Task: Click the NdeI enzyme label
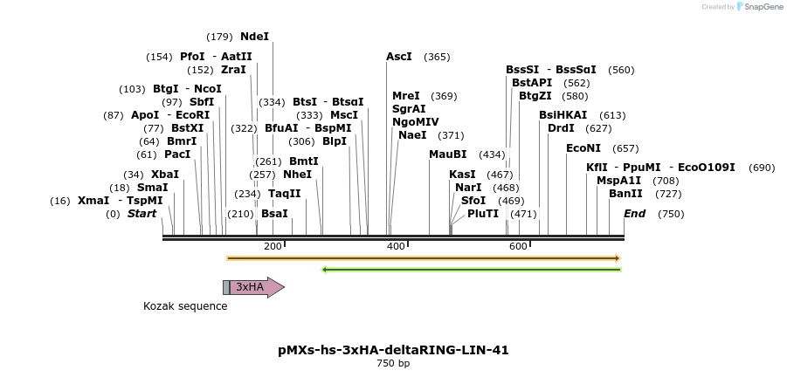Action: point(255,37)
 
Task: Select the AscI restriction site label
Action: point(399,57)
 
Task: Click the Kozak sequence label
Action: point(185,306)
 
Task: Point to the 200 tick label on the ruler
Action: point(273,246)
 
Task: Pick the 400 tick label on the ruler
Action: point(396,246)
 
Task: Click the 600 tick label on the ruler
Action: point(518,246)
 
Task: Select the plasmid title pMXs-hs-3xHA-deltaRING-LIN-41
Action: point(393,350)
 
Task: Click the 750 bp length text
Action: point(393,364)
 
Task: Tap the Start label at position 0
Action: point(142,214)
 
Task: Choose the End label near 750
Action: point(635,214)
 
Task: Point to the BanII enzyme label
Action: point(625,194)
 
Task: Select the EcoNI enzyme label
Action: point(583,148)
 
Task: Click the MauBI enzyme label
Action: point(448,154)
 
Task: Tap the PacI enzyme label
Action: point(177,154)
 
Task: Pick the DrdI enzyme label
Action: point(561,128)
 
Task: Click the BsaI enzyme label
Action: point(274,214)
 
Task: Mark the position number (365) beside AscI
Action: point(437,57)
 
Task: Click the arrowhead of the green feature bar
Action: point(326,270)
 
